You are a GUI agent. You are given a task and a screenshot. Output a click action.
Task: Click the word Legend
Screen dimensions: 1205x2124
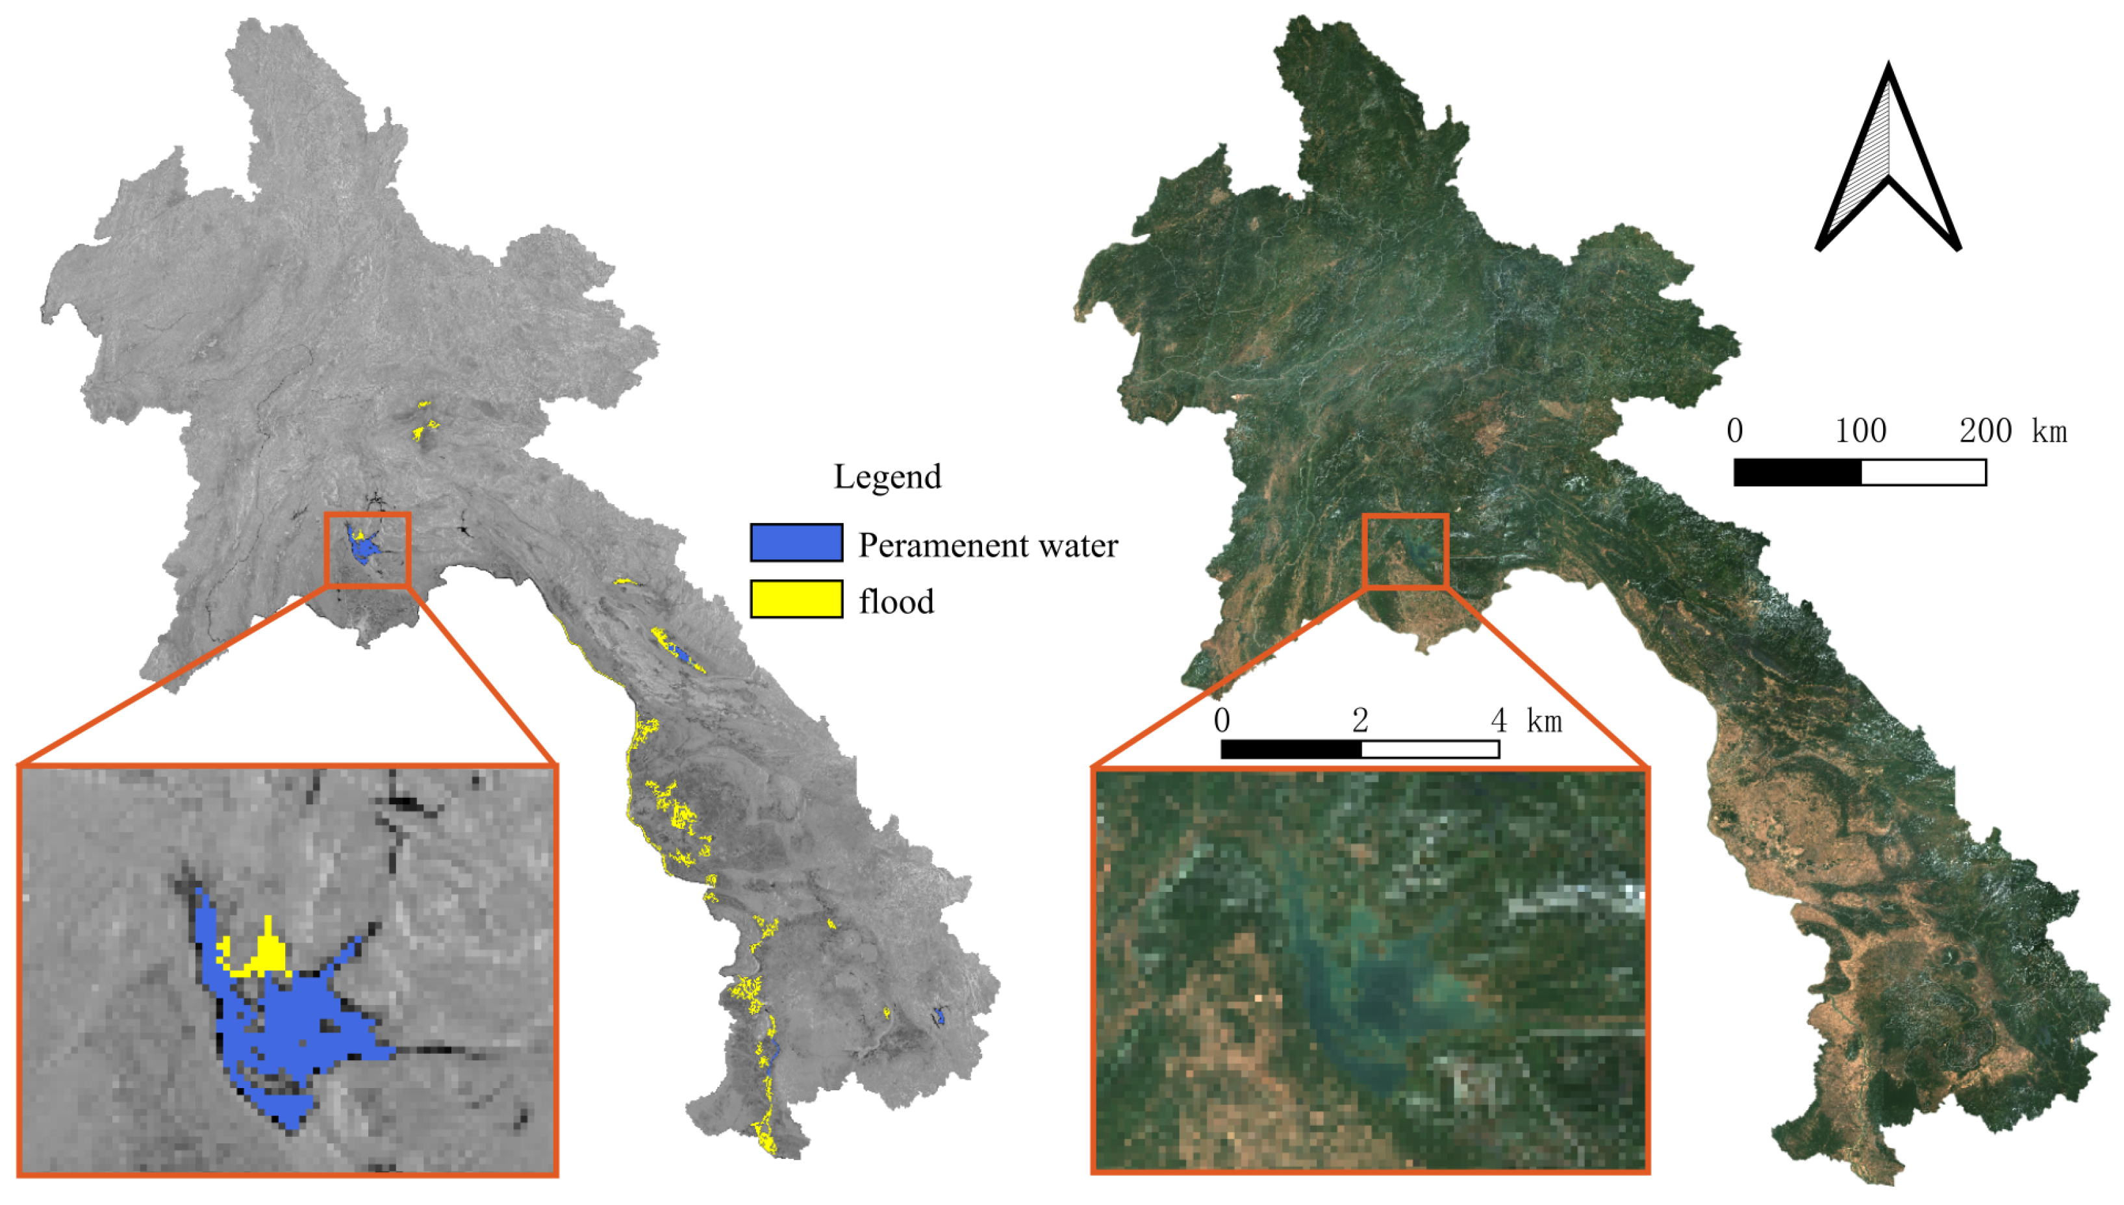(x=887, y=477)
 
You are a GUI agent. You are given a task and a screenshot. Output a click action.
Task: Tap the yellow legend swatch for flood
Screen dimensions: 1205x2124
(x=796, y=599)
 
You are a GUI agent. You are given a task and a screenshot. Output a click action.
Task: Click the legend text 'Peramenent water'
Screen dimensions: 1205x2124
(x=987, y=546)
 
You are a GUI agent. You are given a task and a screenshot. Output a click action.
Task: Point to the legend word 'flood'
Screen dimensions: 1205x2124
(x=896, y=602)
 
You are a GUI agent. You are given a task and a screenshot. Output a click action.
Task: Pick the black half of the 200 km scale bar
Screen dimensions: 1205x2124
(x=1797, y=472)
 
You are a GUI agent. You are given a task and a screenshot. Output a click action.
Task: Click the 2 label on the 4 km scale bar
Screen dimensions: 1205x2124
(x=1360, y=721)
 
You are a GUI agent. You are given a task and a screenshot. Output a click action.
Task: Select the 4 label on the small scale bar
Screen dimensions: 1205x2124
(x=1498, y=721)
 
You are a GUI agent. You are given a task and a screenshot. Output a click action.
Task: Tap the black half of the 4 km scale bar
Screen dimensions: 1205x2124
(x=1291, y=750)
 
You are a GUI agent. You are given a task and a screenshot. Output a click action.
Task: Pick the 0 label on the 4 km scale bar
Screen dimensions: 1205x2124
(x=1222, y=721)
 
